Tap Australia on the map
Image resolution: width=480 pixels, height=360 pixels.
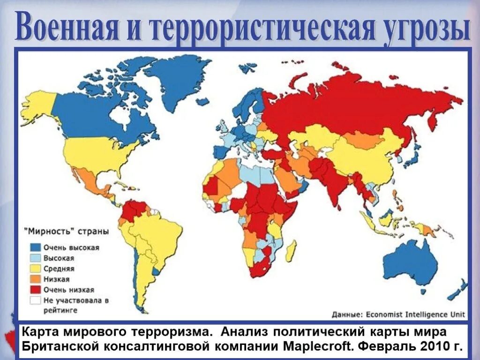(408, 262)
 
